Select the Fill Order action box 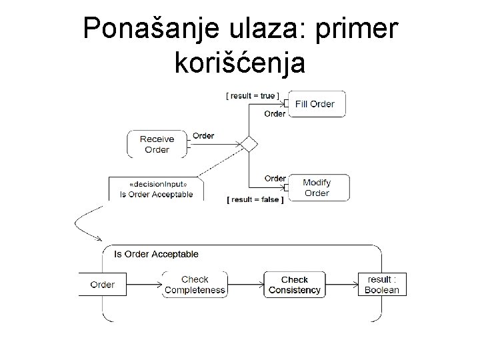point(316,104)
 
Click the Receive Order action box point(157,144)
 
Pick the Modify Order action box point(317,187)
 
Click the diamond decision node point(249,143)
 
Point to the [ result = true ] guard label point(253,95)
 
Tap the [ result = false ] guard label point(255,199)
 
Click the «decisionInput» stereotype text point(157,185)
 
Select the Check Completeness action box point(195,285)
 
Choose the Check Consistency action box point(294,285)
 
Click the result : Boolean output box point(382,285)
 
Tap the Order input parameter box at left point(102,285)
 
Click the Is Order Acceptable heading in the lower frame point(156,254)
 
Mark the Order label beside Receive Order point(203,136)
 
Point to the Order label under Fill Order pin point(275,113)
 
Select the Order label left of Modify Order point(275,178)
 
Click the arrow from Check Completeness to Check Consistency point(245,285)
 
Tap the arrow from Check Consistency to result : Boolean point(342,285)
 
